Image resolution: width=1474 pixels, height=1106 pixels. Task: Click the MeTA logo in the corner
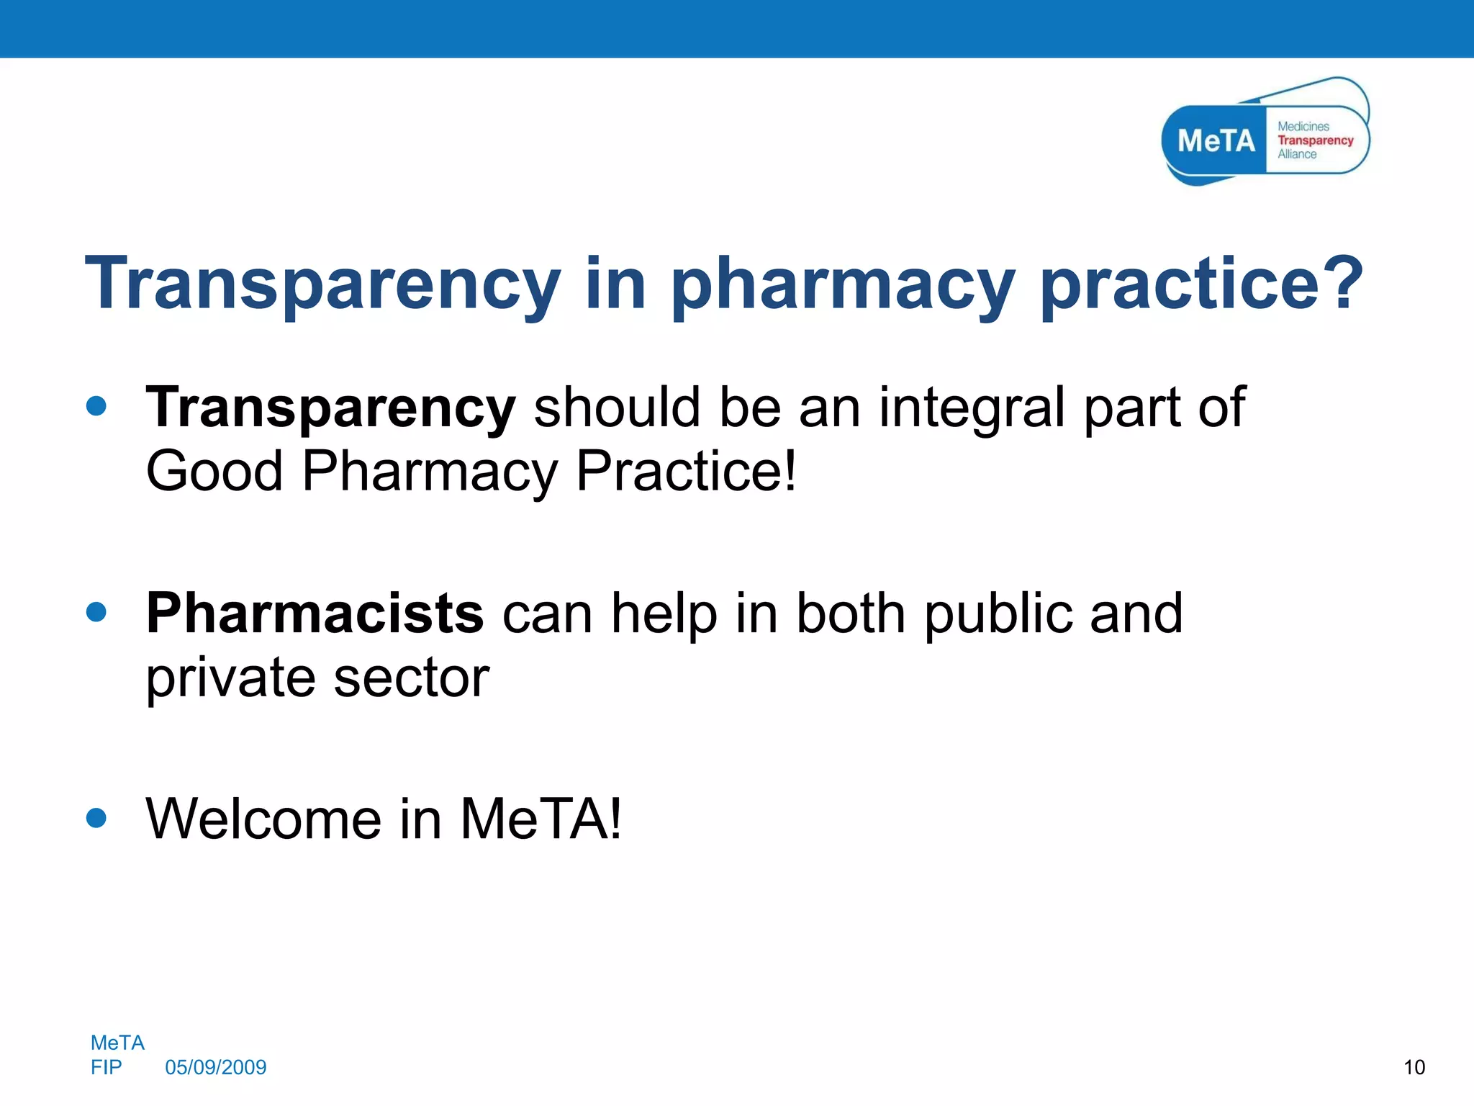[1265, 133]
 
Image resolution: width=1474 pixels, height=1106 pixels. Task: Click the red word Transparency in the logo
[1315, 140]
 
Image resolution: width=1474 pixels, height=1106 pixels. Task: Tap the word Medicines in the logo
[1303, 126]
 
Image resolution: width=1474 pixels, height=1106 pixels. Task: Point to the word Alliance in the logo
[1297, 154]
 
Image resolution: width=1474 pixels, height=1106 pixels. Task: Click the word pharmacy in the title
[843, 286]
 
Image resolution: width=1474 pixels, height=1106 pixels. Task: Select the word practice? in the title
[1202, 286]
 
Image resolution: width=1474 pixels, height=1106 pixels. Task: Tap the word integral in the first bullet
[972, 408]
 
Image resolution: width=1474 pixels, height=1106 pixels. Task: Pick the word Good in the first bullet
[214, 471]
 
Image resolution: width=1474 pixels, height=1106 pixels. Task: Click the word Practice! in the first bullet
[687, 471]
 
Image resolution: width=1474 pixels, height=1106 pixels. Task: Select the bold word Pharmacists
[315, 613]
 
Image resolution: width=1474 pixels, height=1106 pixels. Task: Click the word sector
[412, 678]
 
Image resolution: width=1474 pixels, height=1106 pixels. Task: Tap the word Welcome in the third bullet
[263, 819]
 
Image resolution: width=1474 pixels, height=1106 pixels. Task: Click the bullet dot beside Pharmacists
[96, 613]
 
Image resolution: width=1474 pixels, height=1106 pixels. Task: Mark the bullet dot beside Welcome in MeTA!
[96, 818]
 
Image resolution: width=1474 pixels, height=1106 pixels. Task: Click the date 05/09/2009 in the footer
[216, 1067]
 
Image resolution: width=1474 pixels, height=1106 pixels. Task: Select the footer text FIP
[107, 1067]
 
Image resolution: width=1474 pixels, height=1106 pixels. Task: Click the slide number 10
[1414, 1067]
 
